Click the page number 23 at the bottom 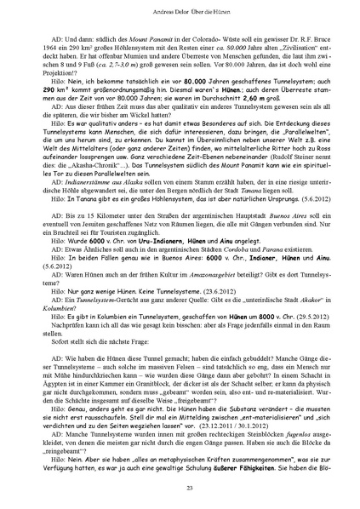(180, 485)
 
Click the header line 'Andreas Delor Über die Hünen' (180, 14)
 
